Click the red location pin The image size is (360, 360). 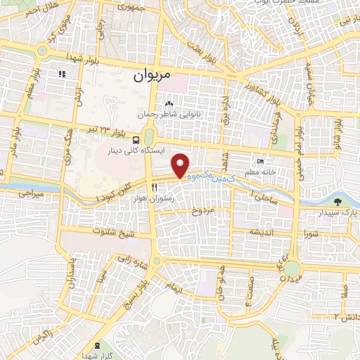[x=181, y=165]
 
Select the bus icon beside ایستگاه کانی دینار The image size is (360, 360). [x=136, y=139]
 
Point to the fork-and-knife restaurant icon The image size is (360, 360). [x=154, y=187]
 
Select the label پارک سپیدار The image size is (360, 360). [x=332, y=212]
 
